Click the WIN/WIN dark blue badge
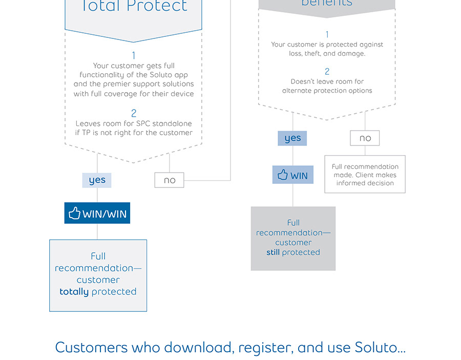coord(97,213)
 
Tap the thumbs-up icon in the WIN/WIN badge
coord(75,213)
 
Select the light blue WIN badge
coord(293,175)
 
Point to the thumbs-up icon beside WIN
coord(283,175)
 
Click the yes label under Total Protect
coord(97,180)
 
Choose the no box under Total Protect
coord(169,180)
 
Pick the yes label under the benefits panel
coord(292,138)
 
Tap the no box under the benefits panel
coord(365,138)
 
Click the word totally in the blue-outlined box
coord(74,292)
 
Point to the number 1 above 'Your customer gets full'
coord(134,55)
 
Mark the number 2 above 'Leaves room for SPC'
coord(134,113)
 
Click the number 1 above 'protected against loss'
coord(327,35)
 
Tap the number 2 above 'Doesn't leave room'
coord(327,72)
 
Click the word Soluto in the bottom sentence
coord(376,348)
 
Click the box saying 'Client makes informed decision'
coord(365,175)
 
